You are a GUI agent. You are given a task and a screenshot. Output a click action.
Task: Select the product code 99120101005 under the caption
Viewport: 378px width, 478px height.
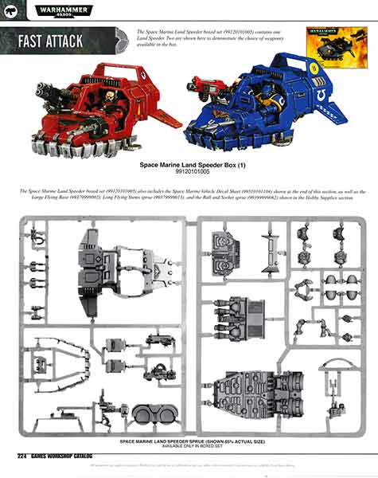tap(189, 172)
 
